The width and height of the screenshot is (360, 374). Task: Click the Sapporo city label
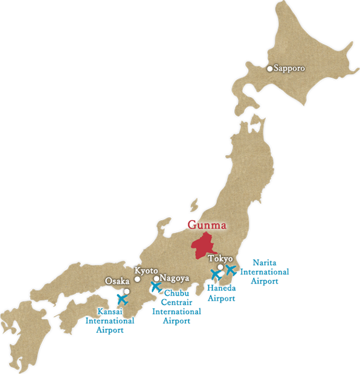click(x=289, y=69)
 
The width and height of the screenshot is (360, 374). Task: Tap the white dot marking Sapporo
click(x=270, y=69)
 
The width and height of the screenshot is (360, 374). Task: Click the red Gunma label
click(x=207, y=226)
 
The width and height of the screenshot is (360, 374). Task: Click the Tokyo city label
click(x=220, y=259)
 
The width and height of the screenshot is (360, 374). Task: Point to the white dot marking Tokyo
click(x=220, y=267)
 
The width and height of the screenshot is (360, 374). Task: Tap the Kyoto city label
click(x=146, y=271)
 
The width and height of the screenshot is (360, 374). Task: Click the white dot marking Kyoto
click(x=137, y=279)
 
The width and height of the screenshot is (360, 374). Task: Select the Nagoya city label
click(x=175, y=279)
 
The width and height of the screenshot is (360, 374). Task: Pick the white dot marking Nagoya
click(x=156, y=279)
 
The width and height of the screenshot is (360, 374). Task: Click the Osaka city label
click(x=117, y=281)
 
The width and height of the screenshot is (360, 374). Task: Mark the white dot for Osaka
click(x=127, y=291)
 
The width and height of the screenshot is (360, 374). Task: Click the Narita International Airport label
click(x=265, y=271)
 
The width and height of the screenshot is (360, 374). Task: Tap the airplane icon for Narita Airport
click(x=230, y=270)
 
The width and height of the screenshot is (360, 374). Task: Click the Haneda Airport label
click(x=222, y=293)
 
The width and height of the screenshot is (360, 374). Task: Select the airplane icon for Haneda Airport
click(x=216, y=274)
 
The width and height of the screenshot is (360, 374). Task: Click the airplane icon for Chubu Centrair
click(x=156, y=287)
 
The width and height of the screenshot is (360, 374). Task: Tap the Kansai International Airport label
click(x=109, y=321)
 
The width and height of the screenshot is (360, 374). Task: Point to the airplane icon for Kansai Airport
click(x=122, y=298)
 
